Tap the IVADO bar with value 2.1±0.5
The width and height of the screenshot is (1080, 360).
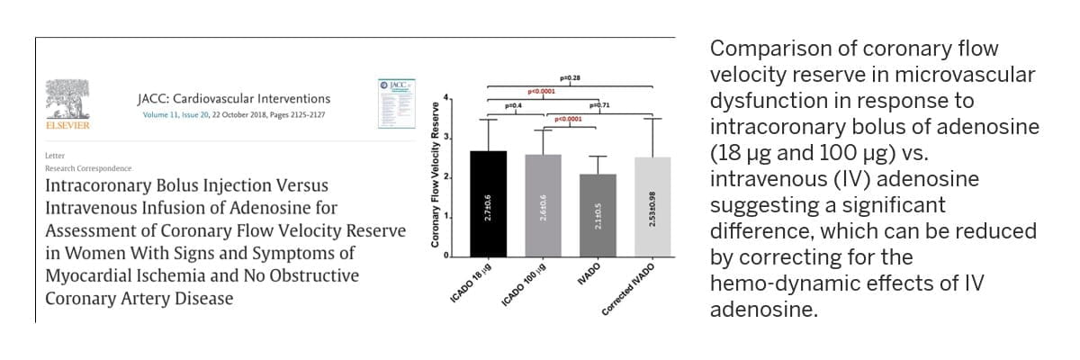pyautogui.click(x=598, y=216)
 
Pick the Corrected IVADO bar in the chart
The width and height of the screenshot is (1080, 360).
pyautogui.click(x=652, y=208)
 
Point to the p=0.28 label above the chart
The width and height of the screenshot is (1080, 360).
pyautogui.click(x=569, y=79)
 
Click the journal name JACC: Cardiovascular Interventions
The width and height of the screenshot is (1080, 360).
pyautogui.click(x=233, y=99)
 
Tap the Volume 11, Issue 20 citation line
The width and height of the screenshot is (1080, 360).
pyautogui.click(x=233, y=115)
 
